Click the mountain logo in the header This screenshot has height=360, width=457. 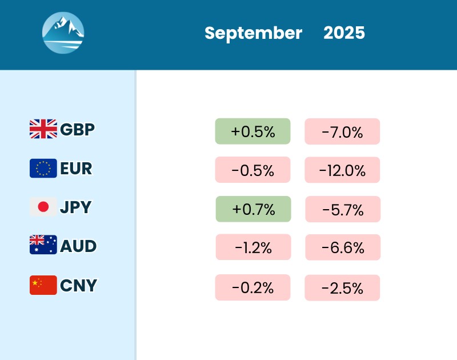coord(63,33)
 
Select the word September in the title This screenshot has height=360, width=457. coord(253,33)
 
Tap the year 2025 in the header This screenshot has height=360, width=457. coord(344,33)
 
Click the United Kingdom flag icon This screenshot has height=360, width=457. coord(43,129)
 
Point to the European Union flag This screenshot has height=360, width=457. coord(43,168)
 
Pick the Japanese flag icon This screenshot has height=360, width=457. coord(43,207)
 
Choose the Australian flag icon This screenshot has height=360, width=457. coord(43,246)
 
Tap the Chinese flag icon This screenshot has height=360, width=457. coord(43,285)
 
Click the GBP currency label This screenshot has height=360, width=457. coord(77,129)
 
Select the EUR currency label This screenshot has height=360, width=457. coord(76,169)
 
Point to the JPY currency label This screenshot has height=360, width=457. coord(76,207)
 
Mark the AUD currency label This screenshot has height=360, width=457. coord(78,246)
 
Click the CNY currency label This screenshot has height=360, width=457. coord(78,285)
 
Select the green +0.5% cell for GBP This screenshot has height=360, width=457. coord(252,131)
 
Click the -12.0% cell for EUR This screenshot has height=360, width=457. coord(342,170)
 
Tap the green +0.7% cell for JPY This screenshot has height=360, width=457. coord(253,209)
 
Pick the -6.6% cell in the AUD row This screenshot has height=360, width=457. coord(343,247)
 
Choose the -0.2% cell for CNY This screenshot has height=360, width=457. coord(252,287)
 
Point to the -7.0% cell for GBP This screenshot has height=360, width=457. coord(342,131)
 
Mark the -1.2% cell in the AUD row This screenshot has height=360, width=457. coord(253,247)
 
